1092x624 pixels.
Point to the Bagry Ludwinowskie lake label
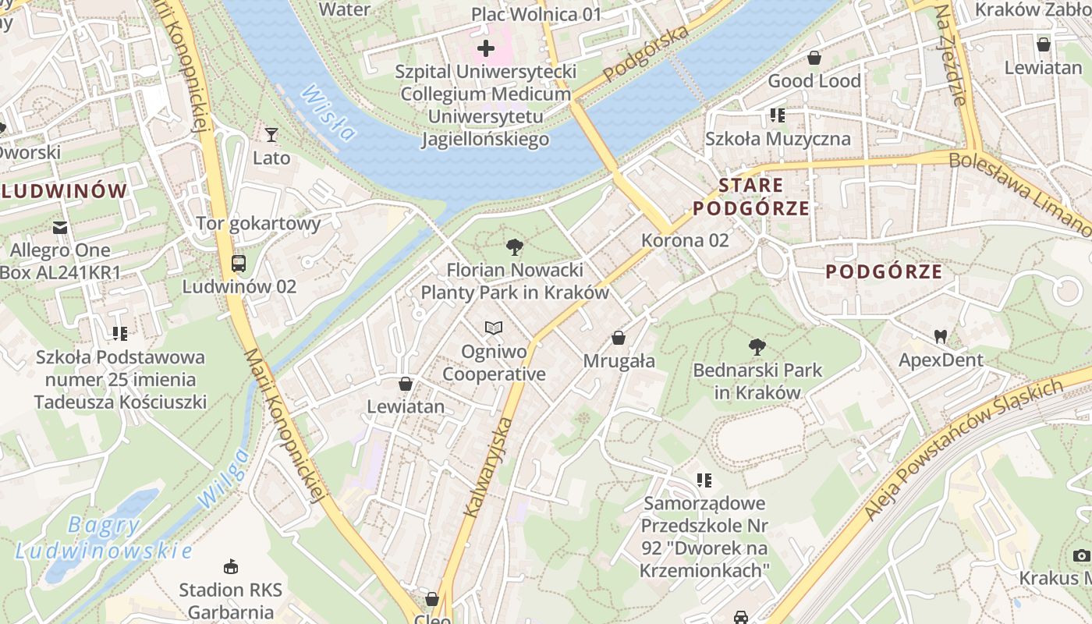pyautogui.click(x=104, y=538)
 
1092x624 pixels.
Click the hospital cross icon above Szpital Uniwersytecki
pyautogui.click(x=486, y=49)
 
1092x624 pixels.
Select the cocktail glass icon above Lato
pyautogui.click(x=271, y=135)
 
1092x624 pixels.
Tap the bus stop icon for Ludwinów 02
pyautogui.click(x=239, y=264)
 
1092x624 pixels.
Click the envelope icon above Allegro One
pyautogui.click(x=60, y=228)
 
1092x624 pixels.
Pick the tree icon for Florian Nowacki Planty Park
pyautogui.click(x=514, y=248)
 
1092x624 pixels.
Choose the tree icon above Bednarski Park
pyautogui.click(x=757, y=347)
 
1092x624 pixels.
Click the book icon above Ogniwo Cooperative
pyautogui.click(x=493, y=328)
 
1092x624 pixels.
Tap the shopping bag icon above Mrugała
pyautogui.click(x=619, y=338)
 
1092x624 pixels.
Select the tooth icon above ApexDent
pyautogui.click(x=941, y=337)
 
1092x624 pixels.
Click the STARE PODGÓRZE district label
pyautogui.click(x=751, y=197)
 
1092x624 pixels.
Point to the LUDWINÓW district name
pyautogui.click(x=64, y=191)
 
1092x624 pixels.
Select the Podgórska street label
pyautogui.click(x=647, y=52)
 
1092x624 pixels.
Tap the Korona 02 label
pyautogui.click(x=685, y=240)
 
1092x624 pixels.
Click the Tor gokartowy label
pyautogui.click(x=258, y=224)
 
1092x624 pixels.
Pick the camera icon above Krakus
pyautogui.click(x=1081, y=555)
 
